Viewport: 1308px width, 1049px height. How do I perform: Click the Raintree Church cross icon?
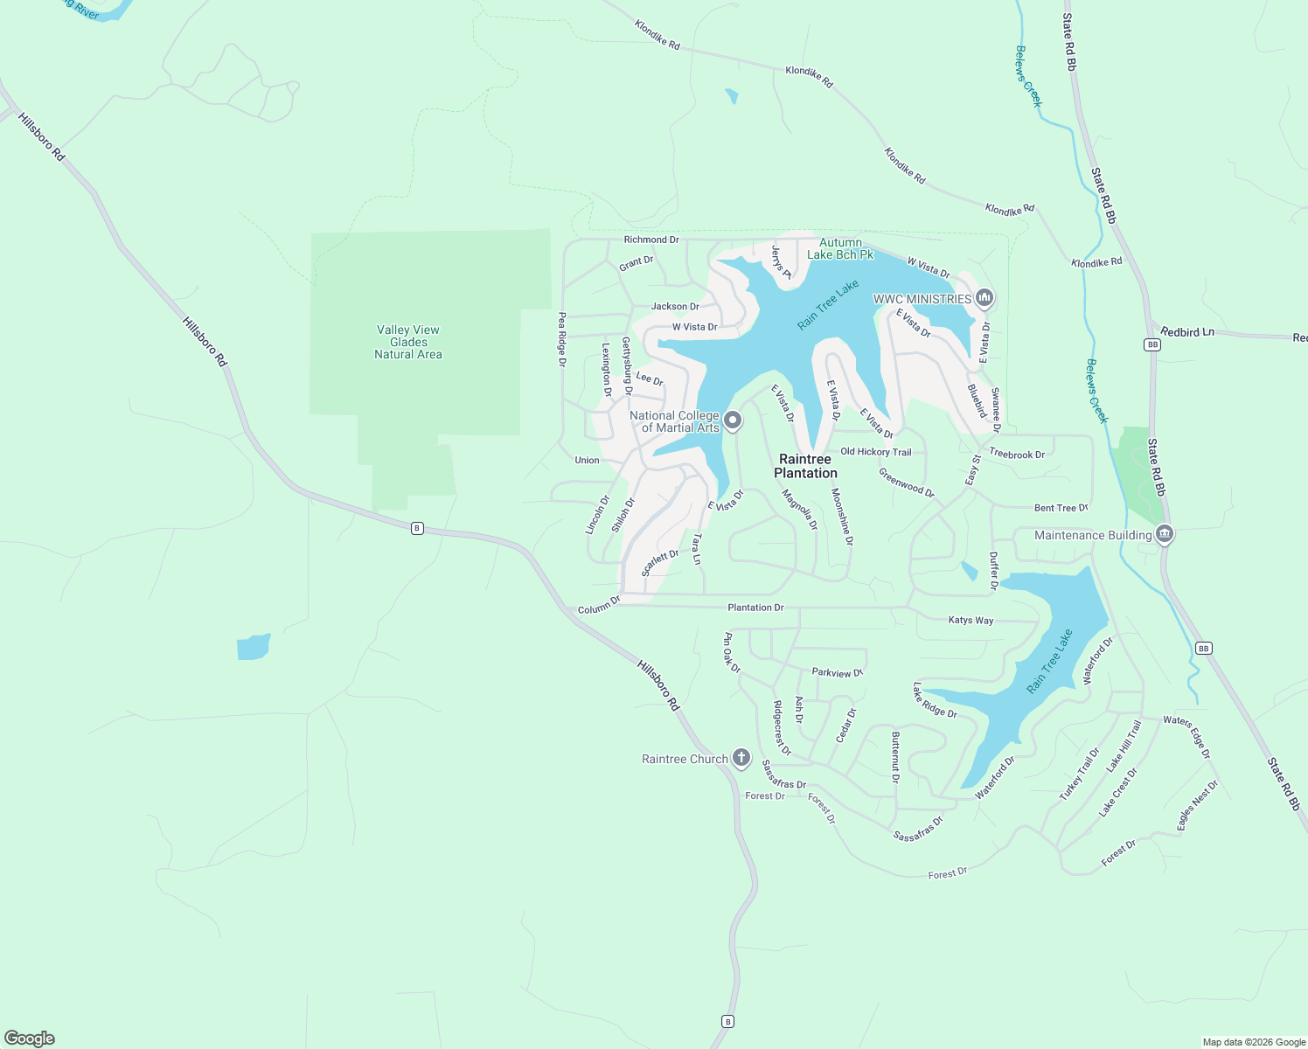pyautogui.click(x=741, y=758)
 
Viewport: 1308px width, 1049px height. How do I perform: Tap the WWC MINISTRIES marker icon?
pyautogui.click(x=984, y=299)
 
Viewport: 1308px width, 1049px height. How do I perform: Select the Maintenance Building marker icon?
pyautogui.click(x=1164, y=534)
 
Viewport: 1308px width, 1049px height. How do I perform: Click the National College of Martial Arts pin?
pyautogui.click(x=734, y=421)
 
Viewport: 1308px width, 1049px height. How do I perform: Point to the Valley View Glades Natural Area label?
pyautogui.click(x=408, y=342)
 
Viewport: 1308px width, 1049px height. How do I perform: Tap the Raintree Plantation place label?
pyautogui.click(x=805, y=466)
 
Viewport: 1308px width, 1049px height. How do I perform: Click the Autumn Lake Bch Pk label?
pyautogui.click(x=840, y=248)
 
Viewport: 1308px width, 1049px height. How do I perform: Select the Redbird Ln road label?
pyautogui.click(x=1187, y=332)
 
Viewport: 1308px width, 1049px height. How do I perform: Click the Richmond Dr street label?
pyautogui.click(x=651, y=240)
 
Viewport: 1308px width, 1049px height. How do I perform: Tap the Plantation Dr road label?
pyautogui.click(x=755, y=608)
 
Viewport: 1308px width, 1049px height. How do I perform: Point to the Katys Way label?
pyautogui.click(x=971, y=621)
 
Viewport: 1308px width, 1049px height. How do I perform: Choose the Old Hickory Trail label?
pyautogui.click(x=875, y=452)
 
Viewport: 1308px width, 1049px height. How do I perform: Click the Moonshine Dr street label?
pyautogui.click(x=841, y=517)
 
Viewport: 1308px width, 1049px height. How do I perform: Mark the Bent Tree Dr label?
pyautogui.click(x=1061, y=508)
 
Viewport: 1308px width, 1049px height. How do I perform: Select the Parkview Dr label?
pyautogui.click(x=837, y=673)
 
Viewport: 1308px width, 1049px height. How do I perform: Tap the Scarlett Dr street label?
pyautogui.click(x=660, y=563)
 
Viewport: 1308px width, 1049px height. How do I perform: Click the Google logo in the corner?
pyautogui.click(x=30, y=1039)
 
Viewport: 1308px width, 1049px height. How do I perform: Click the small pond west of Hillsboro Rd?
pyautogui.click(x=253, y=647)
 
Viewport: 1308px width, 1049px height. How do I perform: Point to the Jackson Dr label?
pyautogui.click(x=675, y=307)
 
